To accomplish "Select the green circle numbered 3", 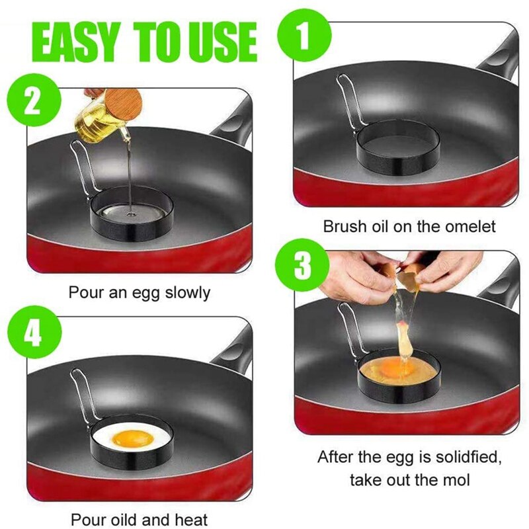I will (x=302, y=264).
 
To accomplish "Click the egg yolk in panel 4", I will (x=132, y=437).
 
